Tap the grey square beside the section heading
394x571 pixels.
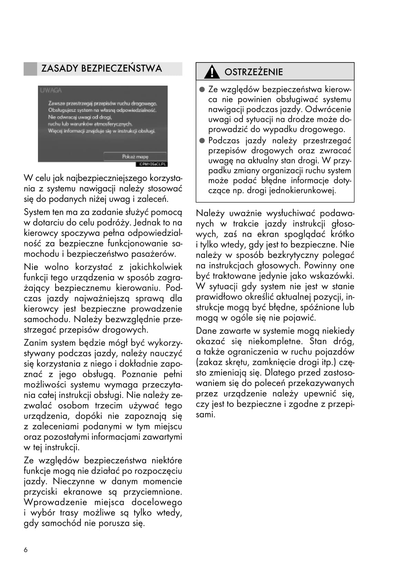(30, 69)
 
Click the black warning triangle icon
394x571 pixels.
(211, 72)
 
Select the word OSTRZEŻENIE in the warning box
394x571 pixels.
(254, 72)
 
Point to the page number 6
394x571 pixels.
(26, 550)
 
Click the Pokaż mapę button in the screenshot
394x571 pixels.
(135, 157)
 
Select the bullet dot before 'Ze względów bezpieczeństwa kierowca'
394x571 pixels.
(202, 89)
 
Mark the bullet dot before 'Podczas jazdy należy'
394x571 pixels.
(202, 141)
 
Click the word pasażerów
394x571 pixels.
(157, 254)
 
